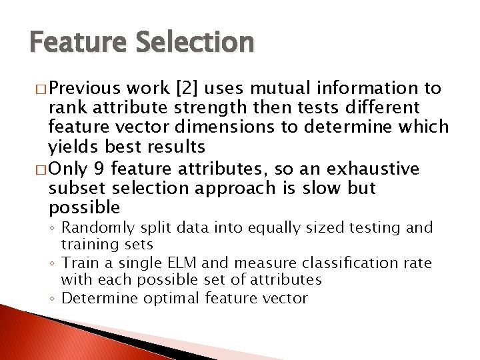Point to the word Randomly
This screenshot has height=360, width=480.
click(93, 229)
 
